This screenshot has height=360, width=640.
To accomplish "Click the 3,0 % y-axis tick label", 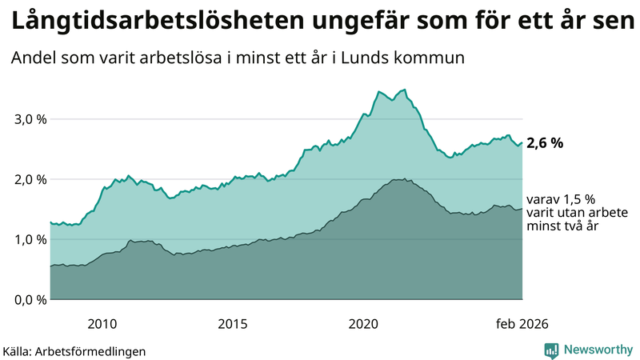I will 29,119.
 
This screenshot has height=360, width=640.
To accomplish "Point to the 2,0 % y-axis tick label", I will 29,179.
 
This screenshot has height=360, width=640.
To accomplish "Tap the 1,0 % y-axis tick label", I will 29,239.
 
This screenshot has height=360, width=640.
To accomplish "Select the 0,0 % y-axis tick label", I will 29,299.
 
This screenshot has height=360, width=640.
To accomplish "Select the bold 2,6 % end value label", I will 545,144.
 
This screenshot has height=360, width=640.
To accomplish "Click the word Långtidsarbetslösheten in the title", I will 151,22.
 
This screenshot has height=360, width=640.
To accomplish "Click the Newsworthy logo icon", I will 552,350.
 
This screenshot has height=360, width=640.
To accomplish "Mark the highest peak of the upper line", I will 405,90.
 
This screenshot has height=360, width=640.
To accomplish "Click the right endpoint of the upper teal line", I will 522,143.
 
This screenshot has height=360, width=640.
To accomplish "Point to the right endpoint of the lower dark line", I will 522,209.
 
